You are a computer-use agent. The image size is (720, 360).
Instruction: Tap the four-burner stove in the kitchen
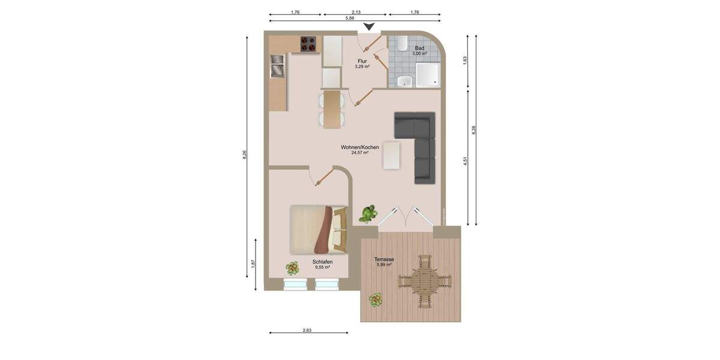point(308,43)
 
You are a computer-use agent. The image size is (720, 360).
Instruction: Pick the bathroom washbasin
point(405,81)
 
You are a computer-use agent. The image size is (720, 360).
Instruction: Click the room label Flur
point(362,61)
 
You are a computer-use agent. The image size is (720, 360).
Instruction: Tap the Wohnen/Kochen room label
point(359,147)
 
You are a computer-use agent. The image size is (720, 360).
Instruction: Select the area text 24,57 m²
point(359,153)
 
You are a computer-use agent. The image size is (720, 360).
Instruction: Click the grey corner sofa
point(420,144)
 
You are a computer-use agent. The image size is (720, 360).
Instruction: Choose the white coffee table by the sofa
point(392,155)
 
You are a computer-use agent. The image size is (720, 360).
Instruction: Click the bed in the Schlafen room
point(318,229)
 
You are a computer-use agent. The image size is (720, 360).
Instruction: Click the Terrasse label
point(384,259)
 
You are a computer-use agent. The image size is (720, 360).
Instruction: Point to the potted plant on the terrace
point(376,299)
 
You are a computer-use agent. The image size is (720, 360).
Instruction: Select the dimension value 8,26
point(244,154)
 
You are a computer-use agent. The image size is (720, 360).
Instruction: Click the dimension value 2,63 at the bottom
point(307,330)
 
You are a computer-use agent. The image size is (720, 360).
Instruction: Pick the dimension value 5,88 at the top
point(349,19)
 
